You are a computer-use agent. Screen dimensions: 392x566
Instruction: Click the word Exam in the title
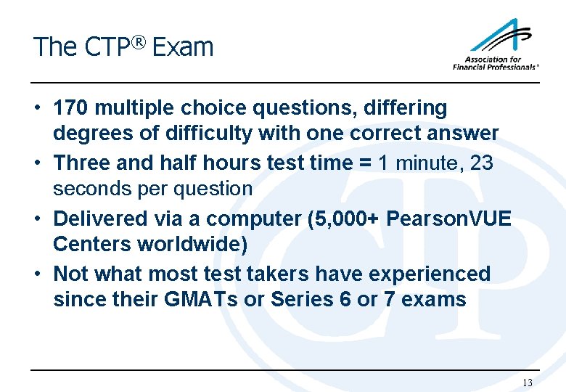tap(184, 48)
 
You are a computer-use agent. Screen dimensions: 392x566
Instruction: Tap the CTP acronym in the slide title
tap(107, 48)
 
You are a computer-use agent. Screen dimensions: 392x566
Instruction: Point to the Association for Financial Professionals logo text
tap(496, 63)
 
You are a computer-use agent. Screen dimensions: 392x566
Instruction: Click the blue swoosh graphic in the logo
tap(501, 36)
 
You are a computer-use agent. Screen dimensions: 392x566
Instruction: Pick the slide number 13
tap(528, 383)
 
